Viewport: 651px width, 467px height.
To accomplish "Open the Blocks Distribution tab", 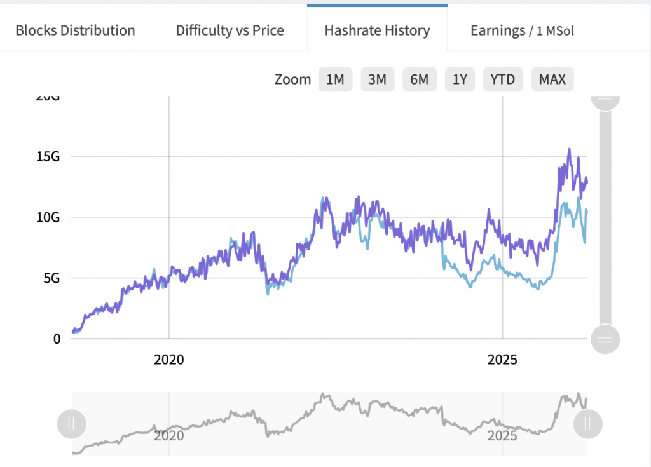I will (75, 30).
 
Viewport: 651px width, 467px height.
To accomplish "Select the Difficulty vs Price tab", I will (230, 30).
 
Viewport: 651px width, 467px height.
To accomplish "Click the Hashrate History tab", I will (377, 30).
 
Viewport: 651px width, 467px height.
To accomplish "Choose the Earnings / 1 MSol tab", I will (522, 30).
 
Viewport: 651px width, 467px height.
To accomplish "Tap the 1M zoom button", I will (335, 79).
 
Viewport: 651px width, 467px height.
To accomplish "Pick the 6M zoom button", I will (419, 79).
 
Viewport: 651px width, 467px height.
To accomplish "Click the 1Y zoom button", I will (460, 79).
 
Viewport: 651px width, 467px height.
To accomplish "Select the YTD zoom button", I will (503, 79).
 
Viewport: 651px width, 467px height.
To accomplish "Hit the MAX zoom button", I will (552, 79).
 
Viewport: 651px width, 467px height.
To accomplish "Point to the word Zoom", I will (292, 79).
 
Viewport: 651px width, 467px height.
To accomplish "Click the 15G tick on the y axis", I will (48, 156).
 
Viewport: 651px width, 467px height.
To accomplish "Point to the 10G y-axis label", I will (48, 217).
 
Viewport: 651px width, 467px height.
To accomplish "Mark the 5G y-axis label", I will (51, 278).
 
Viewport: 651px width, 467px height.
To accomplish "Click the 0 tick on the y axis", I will (57, 339).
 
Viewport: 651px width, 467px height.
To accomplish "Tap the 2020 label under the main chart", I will (169, 360).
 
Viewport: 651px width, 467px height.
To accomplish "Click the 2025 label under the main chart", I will (503, 360).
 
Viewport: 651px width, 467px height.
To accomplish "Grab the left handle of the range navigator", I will (71, 424).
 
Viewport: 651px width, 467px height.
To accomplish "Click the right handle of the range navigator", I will (587, 424).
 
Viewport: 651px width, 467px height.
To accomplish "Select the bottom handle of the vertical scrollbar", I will (605, 339).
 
